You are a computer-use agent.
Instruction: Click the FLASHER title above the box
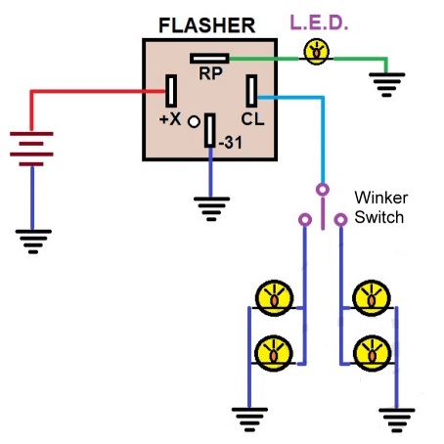point(206,25)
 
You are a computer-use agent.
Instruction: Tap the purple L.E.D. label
point(319,22)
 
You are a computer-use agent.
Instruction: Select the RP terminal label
point(210,73)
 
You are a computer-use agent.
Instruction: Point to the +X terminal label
point(170,119)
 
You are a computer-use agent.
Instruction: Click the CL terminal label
point(252,119)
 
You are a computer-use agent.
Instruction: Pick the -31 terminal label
point(231,143)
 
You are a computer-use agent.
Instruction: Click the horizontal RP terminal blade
point(209,59)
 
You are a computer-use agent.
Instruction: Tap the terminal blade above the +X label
point(171,91)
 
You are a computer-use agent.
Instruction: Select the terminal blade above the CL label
point(251,91)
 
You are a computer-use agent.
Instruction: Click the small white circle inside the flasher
point(194,122)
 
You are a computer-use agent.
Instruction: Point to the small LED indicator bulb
point(316,52)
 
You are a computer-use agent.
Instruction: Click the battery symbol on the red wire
point(31,149)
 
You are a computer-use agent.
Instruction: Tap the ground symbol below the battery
point(33,242)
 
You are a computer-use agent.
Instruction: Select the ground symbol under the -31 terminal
point(211,209)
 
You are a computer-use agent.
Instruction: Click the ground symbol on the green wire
point(387,85)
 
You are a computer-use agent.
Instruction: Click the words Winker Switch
point(380,207)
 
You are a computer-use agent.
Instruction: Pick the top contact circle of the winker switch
point(323,190)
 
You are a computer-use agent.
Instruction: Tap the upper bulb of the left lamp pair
point(274,298)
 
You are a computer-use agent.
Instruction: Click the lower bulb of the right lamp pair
point(372,354)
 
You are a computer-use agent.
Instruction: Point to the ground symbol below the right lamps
point(397,420)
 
